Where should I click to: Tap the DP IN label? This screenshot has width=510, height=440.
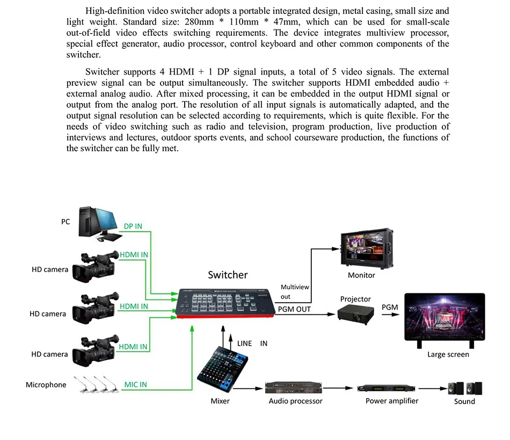pyautogui.click(x=133, y=226)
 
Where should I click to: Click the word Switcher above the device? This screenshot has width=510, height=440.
pyautogui.click(x=228, y=275)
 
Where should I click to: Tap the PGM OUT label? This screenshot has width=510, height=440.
pyautogui.click(x=294, y=309)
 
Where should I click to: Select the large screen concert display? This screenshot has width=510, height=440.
pyautogui.click(x=444, y=319)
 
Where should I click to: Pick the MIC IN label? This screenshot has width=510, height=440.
pyautogui.click(x=135, y=385)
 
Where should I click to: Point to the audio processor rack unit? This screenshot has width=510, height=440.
pyautogui.click(x=295, y=387)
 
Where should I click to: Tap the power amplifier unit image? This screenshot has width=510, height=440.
pyautogui.click(x=388, y=387)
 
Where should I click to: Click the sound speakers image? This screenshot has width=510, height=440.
pyautogui.click(x=464, y=387)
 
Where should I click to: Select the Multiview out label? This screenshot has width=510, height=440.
pyautogui.click(x=295, y=291)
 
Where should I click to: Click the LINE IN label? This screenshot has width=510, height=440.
pyautogui.click(x=252, y=343)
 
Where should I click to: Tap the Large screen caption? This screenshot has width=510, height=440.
pyautogui.click(x=448, y=354)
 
